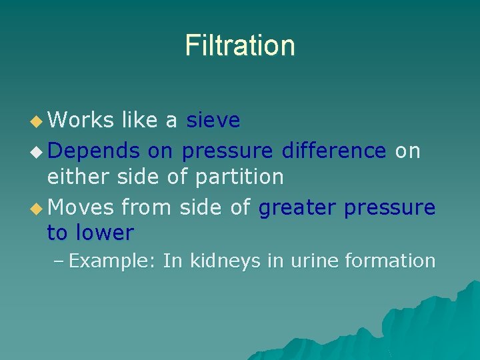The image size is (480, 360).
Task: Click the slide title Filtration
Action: [240, 45]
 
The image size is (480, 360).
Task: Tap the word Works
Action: [81, 120]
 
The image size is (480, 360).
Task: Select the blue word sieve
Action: [213, 120]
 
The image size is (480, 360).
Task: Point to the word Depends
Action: [94, 151]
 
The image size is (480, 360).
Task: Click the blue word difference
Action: [333, 151]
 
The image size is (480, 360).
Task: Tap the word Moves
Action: [81, 208]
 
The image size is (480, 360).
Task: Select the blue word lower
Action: [106, 233]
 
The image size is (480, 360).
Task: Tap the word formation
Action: [390, 261]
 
